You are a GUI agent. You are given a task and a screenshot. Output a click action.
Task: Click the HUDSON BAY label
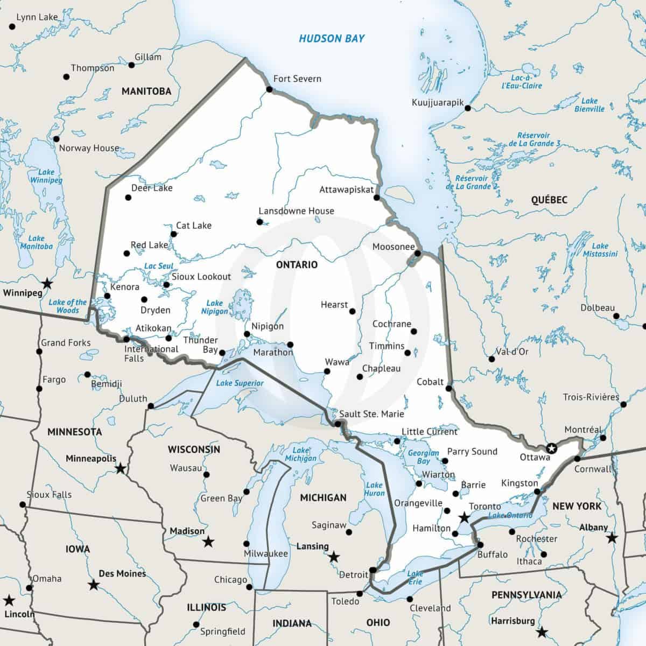[x=332, y=38]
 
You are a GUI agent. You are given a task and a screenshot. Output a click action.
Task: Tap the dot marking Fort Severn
[x=269, y=89]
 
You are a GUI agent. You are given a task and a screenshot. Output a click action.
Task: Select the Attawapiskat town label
[x=346, y=189]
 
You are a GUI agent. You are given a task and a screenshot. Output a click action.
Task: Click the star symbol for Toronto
[x=464, y=518]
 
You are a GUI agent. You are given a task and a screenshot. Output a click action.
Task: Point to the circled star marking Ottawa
[x=551, y=448]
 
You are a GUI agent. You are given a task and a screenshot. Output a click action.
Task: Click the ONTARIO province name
[x=297, y=264]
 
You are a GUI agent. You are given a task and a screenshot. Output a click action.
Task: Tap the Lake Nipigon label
[x=214, y=307]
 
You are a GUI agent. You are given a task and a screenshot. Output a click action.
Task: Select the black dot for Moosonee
[x=418, y=253]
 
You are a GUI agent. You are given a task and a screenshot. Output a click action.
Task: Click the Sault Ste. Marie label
[x=371, y=414]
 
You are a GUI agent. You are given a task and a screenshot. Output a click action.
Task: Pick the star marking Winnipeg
[x=48, y=283]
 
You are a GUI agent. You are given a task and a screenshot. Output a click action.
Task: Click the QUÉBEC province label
[x=549, y=200]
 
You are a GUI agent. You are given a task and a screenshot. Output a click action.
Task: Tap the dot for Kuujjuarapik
[x=468, y=108]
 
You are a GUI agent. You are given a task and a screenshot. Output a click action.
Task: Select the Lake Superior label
[x=240, y=383]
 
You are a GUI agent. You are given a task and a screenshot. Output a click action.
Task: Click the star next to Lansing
[x=334, y=556]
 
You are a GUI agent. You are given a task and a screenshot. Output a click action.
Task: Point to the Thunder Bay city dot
[x=222, y=353]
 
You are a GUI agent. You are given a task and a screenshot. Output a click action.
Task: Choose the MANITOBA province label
[x=146, y=91]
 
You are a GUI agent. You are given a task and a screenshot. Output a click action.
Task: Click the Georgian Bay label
[x=424, y=457]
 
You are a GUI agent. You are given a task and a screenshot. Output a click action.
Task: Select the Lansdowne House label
[x=296, y=211]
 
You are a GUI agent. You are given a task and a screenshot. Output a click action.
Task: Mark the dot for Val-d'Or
[x=491, y=359]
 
